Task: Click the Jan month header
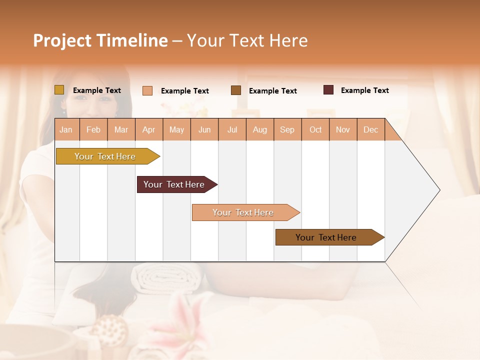click(x=66, y=129)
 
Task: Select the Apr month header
click(x=148, y=129)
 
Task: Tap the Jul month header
click(x=232, y=129)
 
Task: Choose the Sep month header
click(x=287, y=129)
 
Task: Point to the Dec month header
click(x=370, y=129)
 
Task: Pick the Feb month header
click(x=93, y=129)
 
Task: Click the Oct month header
click(x=315, y=129)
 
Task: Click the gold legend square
click(x=59, y=90)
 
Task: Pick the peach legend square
click(x=147, y=90)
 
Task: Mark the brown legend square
click(x=236, y=90)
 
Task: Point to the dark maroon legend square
click(x=328, y=90)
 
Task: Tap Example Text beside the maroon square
click(x=364, y=90)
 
